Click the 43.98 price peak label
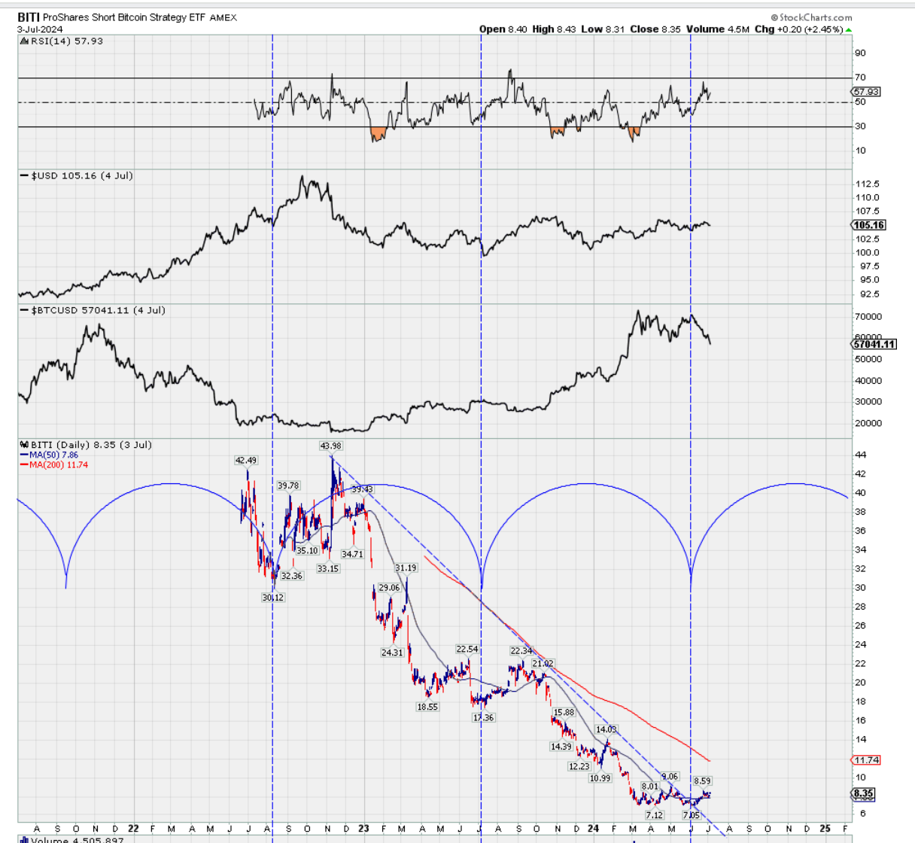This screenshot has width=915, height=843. tap(330, 446)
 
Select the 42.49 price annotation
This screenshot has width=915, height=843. tap(246, 460)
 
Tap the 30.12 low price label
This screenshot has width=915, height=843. tap(272, 598)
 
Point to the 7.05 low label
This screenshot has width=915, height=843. tap(690, 815)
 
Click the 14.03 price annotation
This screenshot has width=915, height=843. tap(606, 729)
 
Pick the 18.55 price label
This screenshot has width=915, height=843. tap(427, 707)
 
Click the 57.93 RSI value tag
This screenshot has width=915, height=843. tap(866, 92)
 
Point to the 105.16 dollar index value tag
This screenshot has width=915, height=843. tap(868, 225)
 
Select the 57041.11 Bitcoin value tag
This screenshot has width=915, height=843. tap(874, 344)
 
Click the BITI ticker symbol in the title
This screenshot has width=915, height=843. tap(29, 17)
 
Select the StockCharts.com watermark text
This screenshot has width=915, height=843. tap(815, 17)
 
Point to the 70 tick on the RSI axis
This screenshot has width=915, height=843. tap(859, 77)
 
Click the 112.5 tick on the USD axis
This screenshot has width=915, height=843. tap(867, 184)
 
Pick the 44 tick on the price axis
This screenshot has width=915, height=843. tap(860, 455)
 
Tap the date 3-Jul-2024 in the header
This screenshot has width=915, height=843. tap(41, 29)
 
